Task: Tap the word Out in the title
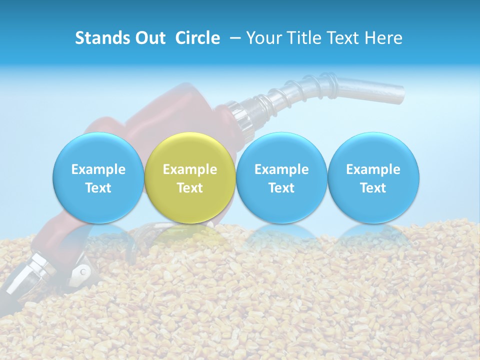(148, 38)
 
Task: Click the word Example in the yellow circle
(190, 169)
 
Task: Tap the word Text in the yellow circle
(190, 188)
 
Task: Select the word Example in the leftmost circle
(98, 169)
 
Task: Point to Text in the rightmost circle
(373, 188)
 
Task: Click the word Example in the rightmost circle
(373, 169)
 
